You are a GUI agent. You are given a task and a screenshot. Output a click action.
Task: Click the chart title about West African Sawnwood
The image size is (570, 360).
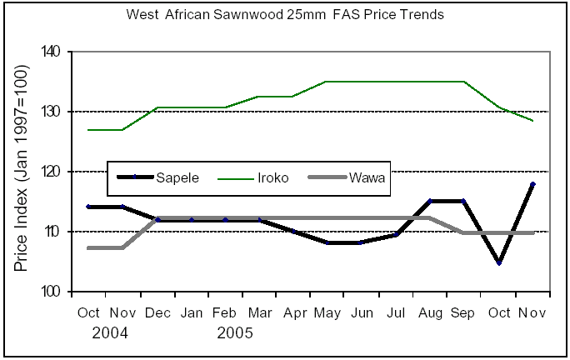click(x=285, y=14)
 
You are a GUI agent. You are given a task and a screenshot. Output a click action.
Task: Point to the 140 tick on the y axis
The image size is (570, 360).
click(x=52, y=52)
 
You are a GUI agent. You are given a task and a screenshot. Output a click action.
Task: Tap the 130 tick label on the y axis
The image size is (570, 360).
click(x=52, y=112)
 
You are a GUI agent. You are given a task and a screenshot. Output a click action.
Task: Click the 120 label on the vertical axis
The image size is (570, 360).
click(x=52, y=172)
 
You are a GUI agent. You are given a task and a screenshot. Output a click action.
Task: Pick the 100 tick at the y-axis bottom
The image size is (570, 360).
click(x=52, y=292)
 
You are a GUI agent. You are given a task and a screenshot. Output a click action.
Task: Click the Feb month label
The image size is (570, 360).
click(x=225, y=313)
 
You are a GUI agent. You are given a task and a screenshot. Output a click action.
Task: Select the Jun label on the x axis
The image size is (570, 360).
click(x=361, y=313)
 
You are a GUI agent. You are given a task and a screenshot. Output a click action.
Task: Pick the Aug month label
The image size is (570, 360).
click(x=429, y=313)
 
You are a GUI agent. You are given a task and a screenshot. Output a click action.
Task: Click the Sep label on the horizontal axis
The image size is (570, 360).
click(x=463, y=313)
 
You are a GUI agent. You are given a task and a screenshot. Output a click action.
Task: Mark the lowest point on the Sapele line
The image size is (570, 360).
click(x=497, y=262)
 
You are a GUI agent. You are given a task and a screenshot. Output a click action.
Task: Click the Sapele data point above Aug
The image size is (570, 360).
click(x=429, y=201)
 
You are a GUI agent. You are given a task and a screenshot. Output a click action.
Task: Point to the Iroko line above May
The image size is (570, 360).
click(x=327, y=82)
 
